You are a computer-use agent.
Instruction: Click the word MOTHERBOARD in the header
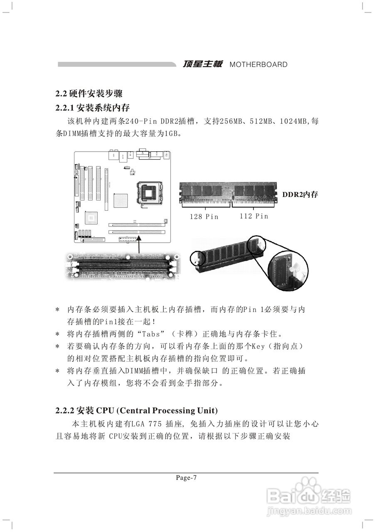click(258, 65)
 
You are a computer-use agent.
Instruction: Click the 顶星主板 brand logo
click(203, 64)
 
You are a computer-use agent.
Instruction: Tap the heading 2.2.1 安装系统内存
click(93, 108)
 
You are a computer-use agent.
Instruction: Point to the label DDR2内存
click(300, 195)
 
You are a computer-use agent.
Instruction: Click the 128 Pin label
click(204, 216)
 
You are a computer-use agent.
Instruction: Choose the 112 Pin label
click(254, 216)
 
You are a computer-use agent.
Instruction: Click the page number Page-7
click(186, 478)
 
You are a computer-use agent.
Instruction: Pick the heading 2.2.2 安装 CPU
click(136, 411)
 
